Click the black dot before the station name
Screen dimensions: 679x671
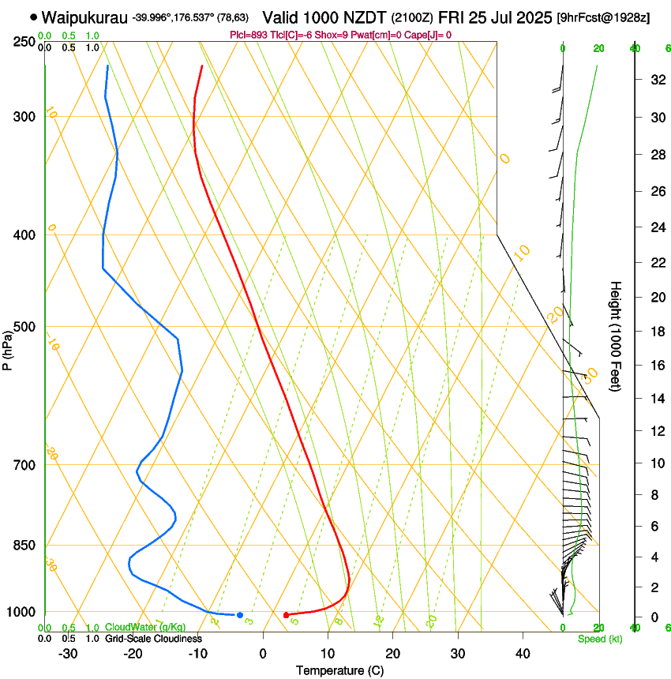tap(33, 17)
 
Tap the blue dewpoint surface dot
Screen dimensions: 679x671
tap(240, 615)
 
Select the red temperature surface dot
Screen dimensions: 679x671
tap(286, 615)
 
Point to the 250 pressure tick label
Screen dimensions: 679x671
tap(25, 42)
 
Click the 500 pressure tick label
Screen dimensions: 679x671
tap(25, 327)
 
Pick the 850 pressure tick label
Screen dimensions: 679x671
tap(25, 546)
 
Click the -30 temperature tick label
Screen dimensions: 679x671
tap(68, 653)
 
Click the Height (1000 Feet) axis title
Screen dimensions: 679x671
tap(617, 336)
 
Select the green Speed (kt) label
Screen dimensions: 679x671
tap(599, 639)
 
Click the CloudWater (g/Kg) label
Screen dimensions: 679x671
tap(139, 628)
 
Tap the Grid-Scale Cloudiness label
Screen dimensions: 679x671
tap(152, 638)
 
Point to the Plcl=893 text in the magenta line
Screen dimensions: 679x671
tap(246, 35)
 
